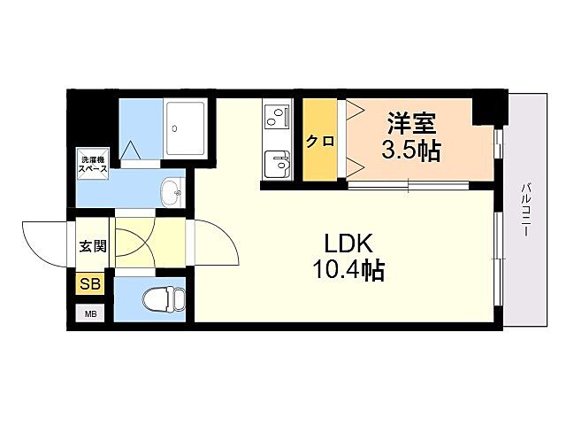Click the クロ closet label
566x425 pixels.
tap(319, 141)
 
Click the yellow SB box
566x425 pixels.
tap(91, 284)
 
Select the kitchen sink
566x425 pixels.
tap(279, 166)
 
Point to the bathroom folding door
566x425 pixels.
tap(134, 152)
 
